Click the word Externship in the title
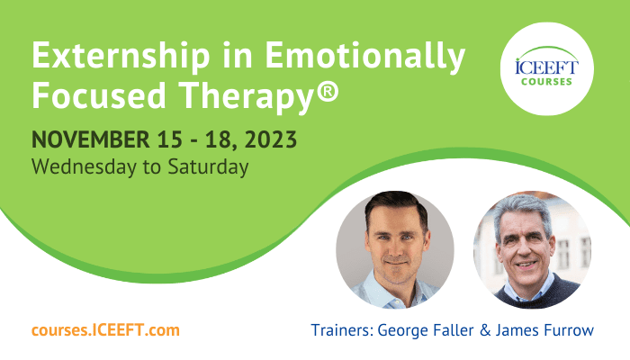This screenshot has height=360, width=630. point(121,56)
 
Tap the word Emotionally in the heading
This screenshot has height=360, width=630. point(365,56)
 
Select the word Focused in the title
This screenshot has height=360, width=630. point(99,95)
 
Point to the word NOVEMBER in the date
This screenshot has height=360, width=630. point(90,139)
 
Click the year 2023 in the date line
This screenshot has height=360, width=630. point(270,139)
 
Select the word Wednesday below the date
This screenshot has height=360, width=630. point(84,166)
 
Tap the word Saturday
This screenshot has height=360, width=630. point(208,166)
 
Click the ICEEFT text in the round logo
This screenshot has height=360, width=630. point(546,67)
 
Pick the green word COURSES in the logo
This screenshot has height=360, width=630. point(546,82)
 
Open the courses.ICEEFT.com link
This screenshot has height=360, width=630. point(105,330)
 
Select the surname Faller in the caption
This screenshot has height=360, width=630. point(454,330)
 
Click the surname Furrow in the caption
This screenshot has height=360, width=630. point(568,330)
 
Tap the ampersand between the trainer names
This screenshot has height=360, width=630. point(485,330)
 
